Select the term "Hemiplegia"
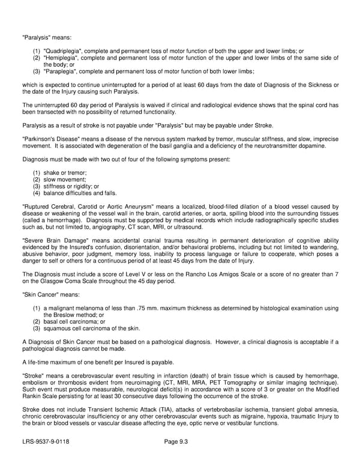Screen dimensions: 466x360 tap(62, 58)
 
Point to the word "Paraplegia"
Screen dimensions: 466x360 tap(61, 71)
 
